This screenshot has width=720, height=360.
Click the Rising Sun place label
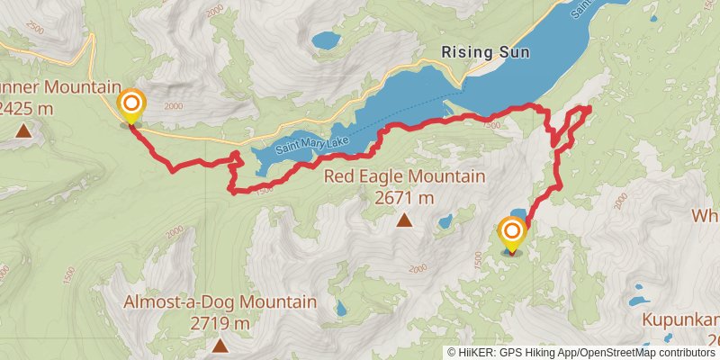(485, 52)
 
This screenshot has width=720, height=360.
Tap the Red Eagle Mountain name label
(404, 176)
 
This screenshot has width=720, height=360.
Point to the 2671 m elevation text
(404, 197)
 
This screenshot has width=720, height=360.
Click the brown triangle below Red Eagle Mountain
(404, 220)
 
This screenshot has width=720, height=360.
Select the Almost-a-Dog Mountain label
(220, 301)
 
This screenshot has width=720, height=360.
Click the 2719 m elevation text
(220, 322)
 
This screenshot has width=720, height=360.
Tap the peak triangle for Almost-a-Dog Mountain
(220, 345)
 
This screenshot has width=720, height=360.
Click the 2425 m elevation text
(26, 108)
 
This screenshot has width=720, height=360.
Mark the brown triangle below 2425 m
(22, 131)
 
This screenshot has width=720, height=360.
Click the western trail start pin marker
(131, 104)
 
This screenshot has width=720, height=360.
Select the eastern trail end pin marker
(512, 233)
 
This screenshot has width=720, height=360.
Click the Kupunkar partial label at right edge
(680, 319)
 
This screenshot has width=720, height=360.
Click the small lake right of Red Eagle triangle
(445, 221)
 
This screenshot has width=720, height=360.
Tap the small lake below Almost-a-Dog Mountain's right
(339, 308)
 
